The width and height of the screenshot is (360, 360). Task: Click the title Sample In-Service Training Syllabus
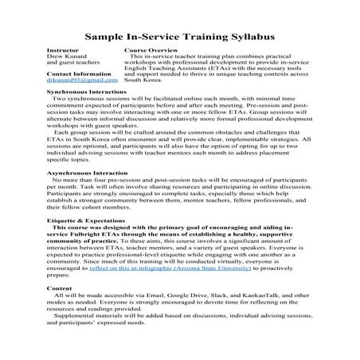(x=179, y=37)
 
